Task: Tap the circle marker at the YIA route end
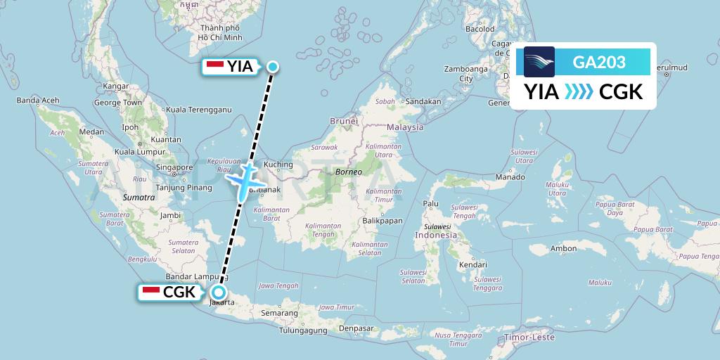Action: click(x=273, y=67)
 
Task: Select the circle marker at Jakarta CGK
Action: click(x=219, y=292)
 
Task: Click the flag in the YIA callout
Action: click(x=215, y=66)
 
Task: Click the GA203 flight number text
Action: click(x=599, y=63)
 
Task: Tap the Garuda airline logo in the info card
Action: click(x=539, y=62)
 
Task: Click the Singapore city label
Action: click(x=175, y=167)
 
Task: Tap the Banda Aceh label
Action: click(x=38, y=101)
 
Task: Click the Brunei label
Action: click(x=344, y=121)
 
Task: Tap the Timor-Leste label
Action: click(x=533, y=337)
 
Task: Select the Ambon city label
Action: click(x=564, y=248)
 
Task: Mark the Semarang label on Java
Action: click(x=281, y=312)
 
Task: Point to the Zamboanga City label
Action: click(x=465, y=74)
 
